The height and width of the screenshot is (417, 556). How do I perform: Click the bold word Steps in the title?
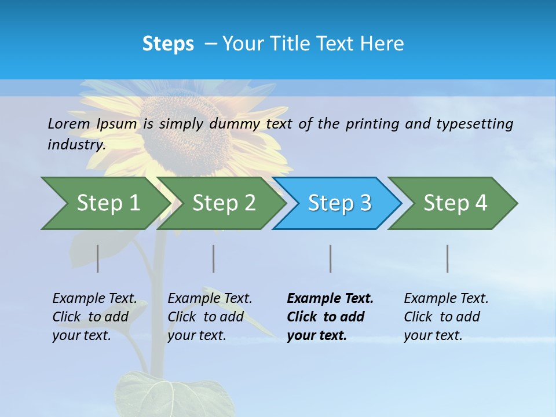[x=168, y=44]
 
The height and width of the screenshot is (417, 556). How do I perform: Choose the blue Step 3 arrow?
[x=339, y=203]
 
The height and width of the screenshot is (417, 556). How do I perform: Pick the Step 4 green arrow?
[x=455, y=203]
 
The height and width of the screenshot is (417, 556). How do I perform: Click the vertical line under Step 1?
[x=98, y=258]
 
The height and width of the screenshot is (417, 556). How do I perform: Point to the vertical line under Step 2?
[x=214, y=258]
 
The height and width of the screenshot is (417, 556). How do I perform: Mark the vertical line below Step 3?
[x=331, y=258]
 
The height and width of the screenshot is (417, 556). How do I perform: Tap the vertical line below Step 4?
[x=448, y=258]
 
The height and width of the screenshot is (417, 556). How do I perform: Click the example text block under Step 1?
[x=94, y=317]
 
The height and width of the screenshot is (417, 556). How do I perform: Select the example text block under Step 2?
[x=210, y=317]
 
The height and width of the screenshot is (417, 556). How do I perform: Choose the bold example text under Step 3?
[x=330, y=317]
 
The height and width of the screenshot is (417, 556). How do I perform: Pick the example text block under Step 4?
[x=446, y=317]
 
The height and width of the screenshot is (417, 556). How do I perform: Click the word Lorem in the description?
[x=68, y=123]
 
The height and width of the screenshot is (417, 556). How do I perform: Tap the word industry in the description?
[x=76, y=145]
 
